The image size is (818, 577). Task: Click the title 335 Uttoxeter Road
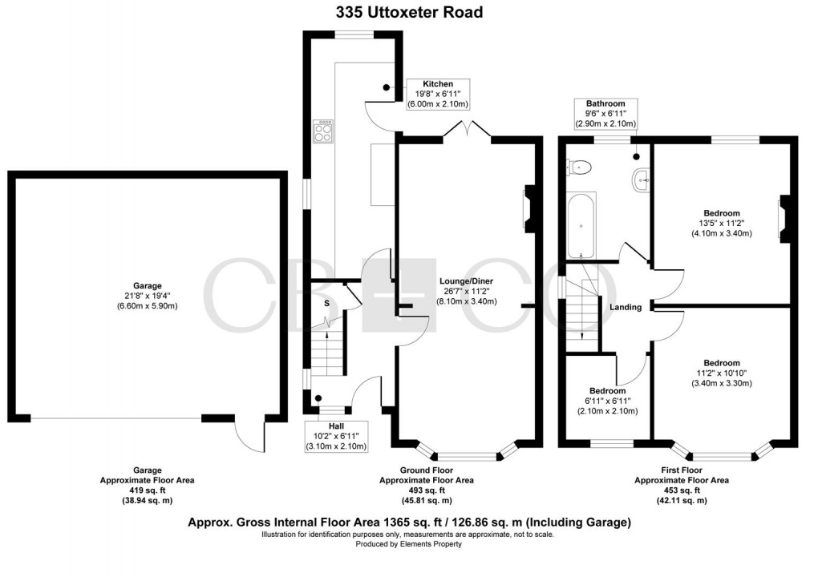coord(409,12)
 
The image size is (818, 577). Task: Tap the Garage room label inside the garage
coord(148,295)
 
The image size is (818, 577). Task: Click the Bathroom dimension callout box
coord(605,114)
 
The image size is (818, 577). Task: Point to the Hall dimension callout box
coord(336,436)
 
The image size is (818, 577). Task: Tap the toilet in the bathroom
coord(580,167)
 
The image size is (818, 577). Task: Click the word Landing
coord(626,307)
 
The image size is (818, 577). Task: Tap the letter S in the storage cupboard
coord(326,303)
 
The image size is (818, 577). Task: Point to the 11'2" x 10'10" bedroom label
coord(722,373)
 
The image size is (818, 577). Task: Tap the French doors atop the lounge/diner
coord(466,130)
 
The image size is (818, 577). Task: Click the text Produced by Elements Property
coord(409,544)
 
